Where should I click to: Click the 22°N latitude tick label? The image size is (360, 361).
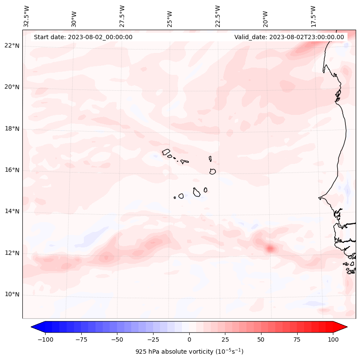pyautogui.click(x=12, y=46)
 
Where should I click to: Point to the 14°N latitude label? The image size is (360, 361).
pyautogui.click(x=12, y=211)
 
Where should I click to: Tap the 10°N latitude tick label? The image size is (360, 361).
pyautogui.click(x=12, y=295)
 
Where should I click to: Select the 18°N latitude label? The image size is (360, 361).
pyautogui.click(x=12, y=129)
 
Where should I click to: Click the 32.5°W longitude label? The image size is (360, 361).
pyautogui.click(x=27, y=16)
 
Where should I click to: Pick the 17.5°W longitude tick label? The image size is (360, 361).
pyautogui.click(x=314, y=16)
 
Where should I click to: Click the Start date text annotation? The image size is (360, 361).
pyautogui.click(x=83, y=37)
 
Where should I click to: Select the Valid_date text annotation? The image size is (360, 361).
pyautogui.click(x=289, y=37)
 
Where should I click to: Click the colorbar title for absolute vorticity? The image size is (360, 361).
pyautogui.click(x=189, y=352)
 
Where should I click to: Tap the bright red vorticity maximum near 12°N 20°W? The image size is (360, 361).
pyautogui.click(x=270, y=248)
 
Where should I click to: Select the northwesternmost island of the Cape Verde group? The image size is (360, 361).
pyautogui.click(x=166, y=152)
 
